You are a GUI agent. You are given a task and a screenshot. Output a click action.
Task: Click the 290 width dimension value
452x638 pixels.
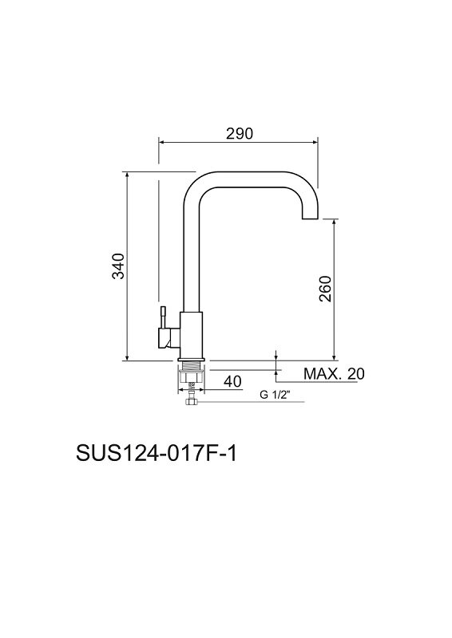pos(240,133)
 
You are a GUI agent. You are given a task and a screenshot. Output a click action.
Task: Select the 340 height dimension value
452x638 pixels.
pos(118,266)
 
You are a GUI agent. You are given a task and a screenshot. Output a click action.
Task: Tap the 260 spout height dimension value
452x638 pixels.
pos(325,289)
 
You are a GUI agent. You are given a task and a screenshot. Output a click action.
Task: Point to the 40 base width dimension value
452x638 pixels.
pos(232,381)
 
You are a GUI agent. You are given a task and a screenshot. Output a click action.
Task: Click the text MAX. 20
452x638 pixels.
pos(334,373)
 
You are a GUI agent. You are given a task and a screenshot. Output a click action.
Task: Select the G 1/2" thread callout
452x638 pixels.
pos(274,394)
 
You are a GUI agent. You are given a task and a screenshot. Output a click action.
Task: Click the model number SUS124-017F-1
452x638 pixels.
pos(156,454)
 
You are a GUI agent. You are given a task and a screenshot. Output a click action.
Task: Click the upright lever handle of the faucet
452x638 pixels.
pos(163,317)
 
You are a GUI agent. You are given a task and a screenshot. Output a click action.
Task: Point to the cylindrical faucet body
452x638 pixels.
pos(191,336)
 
